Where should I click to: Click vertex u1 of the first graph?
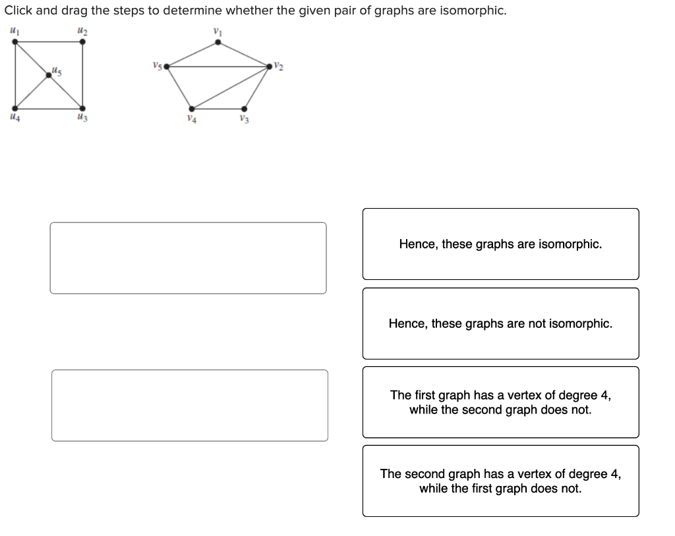click(15, 41)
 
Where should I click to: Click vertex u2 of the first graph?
click(82, 41)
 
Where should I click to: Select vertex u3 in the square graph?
click(82, 108)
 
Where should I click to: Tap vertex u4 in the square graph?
click(15, 108)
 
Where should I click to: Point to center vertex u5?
click(48, 76)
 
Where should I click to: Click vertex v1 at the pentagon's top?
click(218, 42)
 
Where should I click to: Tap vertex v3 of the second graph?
click(245, 108)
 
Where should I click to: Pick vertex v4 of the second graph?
click(191, 108)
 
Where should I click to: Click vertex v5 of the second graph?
click(166, 66)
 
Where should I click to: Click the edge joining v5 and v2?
click(218, 66)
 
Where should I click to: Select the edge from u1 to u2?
click(49, 41)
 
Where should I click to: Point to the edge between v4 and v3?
click(218, 108)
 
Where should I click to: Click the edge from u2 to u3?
click(82, 74)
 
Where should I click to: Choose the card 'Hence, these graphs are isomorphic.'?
click(500, 244)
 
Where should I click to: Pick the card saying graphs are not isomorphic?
click(500, 323)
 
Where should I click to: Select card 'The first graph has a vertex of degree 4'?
click(500, 402)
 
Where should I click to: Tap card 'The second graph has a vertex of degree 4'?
click(500, 481)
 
